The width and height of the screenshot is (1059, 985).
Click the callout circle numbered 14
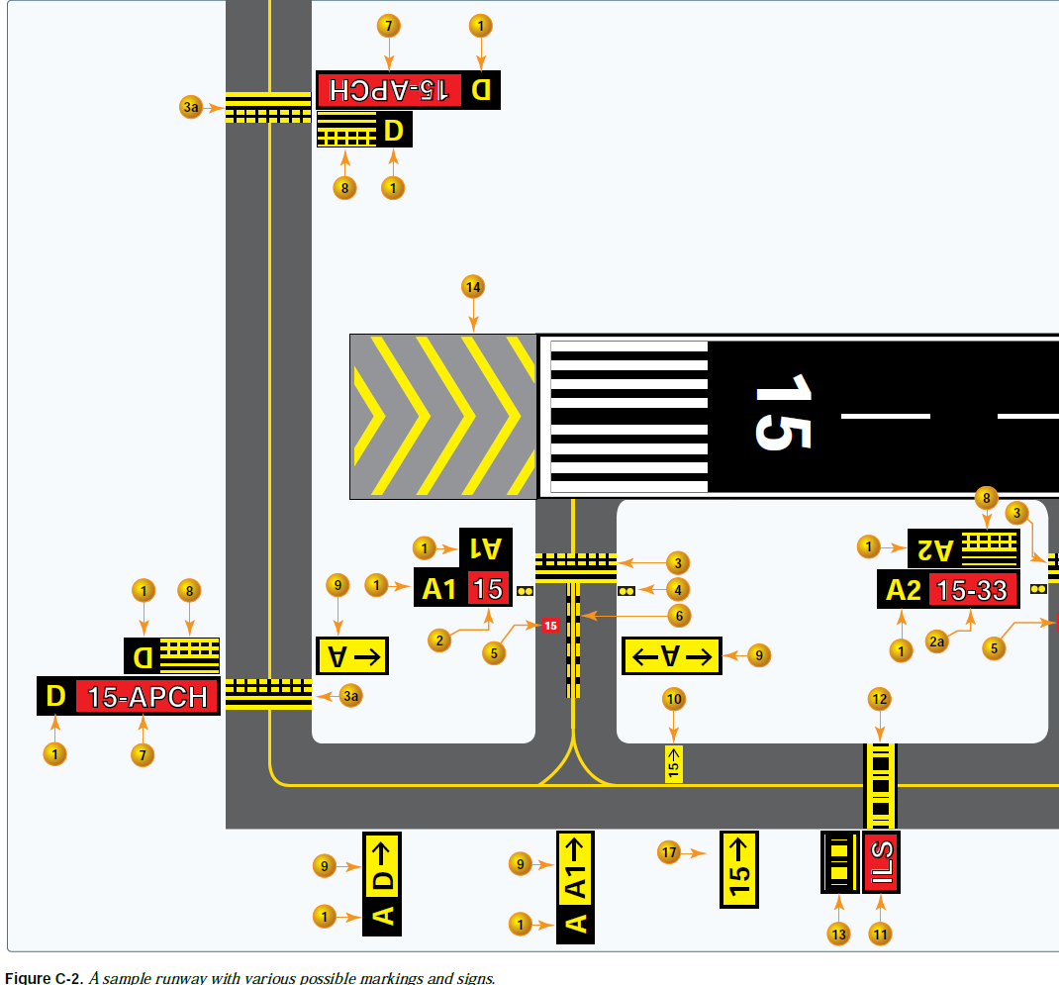[473, 287]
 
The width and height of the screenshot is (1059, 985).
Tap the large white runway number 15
[783, 413]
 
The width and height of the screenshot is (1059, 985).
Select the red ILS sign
[880, 862]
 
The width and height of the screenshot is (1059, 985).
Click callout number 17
[670, 851]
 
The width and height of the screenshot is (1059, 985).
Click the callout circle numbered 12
[879, 700]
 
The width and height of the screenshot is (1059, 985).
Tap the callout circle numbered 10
[674, 700]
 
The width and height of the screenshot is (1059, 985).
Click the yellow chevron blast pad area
[443, 416]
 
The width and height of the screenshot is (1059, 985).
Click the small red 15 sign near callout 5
[550, 626]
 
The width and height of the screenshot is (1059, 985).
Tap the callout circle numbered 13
[839, 933]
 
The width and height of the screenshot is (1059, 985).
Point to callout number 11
[880, 933]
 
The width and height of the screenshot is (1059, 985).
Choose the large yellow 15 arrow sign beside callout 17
[738, 868]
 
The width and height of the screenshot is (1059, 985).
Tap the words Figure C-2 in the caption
[43, 978]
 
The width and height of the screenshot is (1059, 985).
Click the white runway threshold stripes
[628, 417]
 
